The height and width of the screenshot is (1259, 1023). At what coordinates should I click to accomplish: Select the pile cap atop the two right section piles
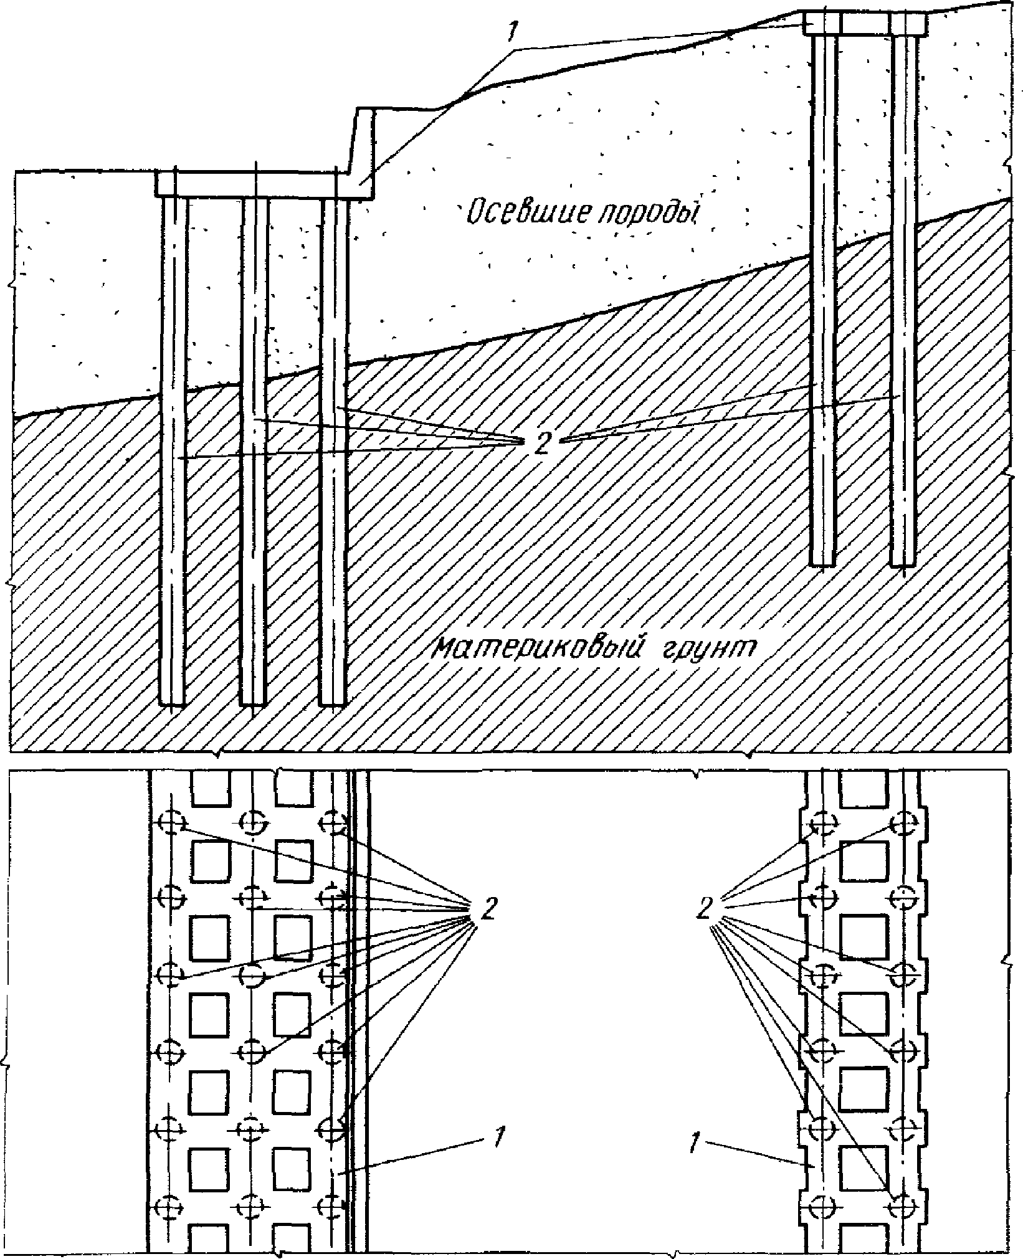pos(864,24)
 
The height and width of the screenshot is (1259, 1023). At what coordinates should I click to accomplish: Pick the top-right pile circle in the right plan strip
pos(903,822)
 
